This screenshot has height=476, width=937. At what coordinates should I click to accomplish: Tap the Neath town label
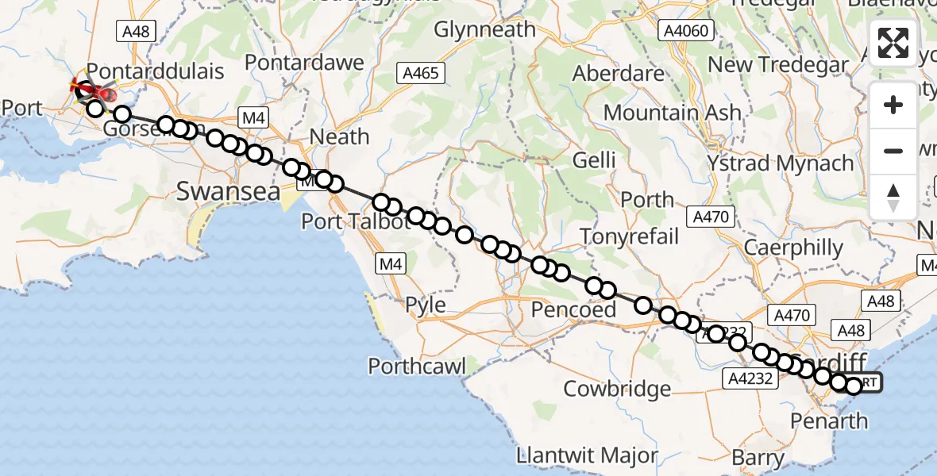[x=339, y=136]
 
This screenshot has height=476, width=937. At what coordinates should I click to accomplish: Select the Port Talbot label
[x=355, y=221]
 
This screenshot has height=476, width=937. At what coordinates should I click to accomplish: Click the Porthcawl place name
[x=417, y=366]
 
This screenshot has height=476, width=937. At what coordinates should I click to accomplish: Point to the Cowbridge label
[x=617, y=389]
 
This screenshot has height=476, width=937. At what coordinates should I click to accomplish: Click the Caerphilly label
[x=793, y=248]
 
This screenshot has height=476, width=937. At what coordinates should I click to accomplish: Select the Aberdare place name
[x=619, y=73]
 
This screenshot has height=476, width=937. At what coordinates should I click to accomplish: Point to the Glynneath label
[x=484, y=30]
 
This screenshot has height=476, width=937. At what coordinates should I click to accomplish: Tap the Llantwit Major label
[x=587, y=455]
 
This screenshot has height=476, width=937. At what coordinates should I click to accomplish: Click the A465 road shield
[x=419, y=73]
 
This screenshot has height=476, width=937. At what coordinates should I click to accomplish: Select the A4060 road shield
[x=688, y=31]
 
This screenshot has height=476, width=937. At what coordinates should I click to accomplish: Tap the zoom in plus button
[x=893, y=106]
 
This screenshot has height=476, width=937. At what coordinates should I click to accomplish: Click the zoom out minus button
[x=893, y=151]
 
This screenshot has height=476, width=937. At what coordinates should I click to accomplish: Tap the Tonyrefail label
[x=630, y=236]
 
